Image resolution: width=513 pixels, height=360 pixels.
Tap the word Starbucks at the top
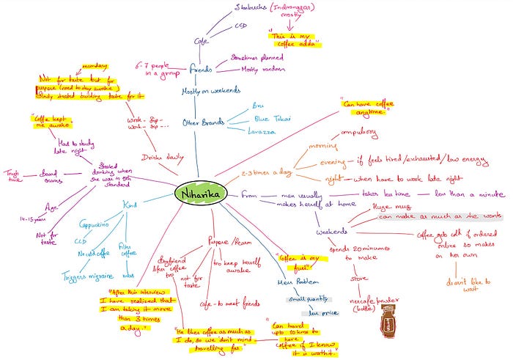(252, 8)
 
